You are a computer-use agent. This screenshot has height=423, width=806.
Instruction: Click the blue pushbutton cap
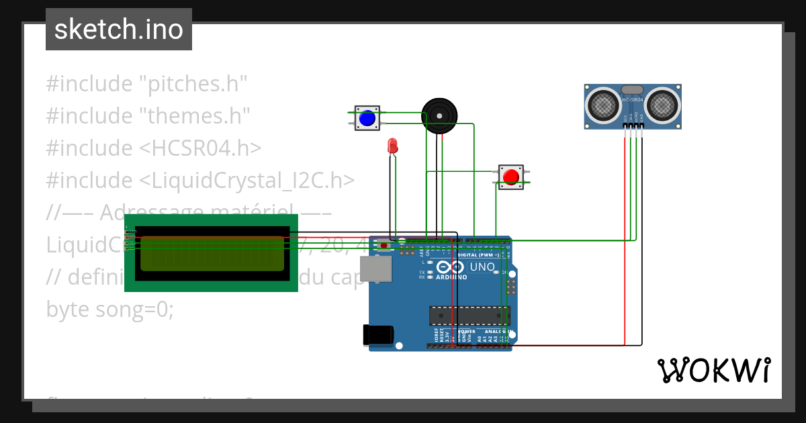coord(367,118)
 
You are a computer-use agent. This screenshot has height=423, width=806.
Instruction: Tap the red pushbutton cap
coord(511,177)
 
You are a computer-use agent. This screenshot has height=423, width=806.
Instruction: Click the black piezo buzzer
coord(439,115)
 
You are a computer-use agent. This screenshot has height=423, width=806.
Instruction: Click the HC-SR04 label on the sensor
coord(633,100)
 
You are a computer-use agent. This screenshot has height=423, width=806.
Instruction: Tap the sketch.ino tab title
coord(119,30)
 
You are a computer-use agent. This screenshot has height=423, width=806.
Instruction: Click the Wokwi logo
coord(714,370)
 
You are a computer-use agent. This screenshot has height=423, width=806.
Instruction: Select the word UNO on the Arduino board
coord(483,267)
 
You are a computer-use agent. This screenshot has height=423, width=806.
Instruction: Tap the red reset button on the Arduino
coord(384,246)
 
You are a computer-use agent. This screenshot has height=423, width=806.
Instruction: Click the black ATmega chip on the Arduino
coord(469,315)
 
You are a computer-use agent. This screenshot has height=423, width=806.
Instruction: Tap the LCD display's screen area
coord(212,253)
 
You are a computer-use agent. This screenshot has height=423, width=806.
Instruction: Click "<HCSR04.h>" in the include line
coord(201,148)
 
